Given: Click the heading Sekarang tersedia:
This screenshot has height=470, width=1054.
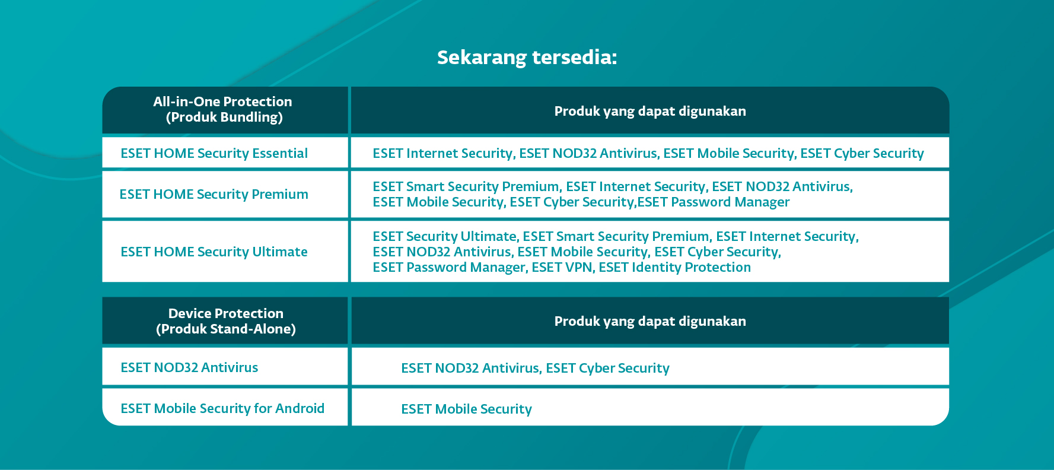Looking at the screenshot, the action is coord(527,58).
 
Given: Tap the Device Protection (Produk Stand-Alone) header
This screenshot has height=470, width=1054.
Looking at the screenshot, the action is coord(225,321).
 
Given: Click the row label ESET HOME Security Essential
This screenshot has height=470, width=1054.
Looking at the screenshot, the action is coord(214,153).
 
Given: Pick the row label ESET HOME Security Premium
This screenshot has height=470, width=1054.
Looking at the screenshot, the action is coord(214,194).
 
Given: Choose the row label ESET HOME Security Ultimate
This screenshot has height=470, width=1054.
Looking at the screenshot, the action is coord(214,252).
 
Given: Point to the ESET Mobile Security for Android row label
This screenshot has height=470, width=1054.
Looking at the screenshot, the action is coord(222,408).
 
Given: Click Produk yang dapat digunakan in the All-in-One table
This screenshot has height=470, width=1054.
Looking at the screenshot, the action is coord(650,112).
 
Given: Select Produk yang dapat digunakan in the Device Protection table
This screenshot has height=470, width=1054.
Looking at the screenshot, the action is coord(650,322).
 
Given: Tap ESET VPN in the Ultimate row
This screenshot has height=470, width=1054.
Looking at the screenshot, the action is coord(562,267).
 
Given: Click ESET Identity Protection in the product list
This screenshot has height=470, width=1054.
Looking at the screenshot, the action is coord(675,267).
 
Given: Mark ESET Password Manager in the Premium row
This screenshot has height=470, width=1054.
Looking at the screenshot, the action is coord(714,202).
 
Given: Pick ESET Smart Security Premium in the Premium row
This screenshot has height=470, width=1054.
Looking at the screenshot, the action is coord(466,186).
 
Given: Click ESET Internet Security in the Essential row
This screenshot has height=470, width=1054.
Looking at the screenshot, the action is coord(442,153).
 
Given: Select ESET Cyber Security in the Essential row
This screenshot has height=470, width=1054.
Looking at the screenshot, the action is coord(862,153).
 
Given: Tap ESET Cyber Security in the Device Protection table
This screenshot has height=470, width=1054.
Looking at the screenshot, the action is coord(608,368).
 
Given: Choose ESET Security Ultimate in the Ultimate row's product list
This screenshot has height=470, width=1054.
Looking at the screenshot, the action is coord(445,236).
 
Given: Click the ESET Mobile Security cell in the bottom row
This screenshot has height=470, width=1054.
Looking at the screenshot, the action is coord(467,409).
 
